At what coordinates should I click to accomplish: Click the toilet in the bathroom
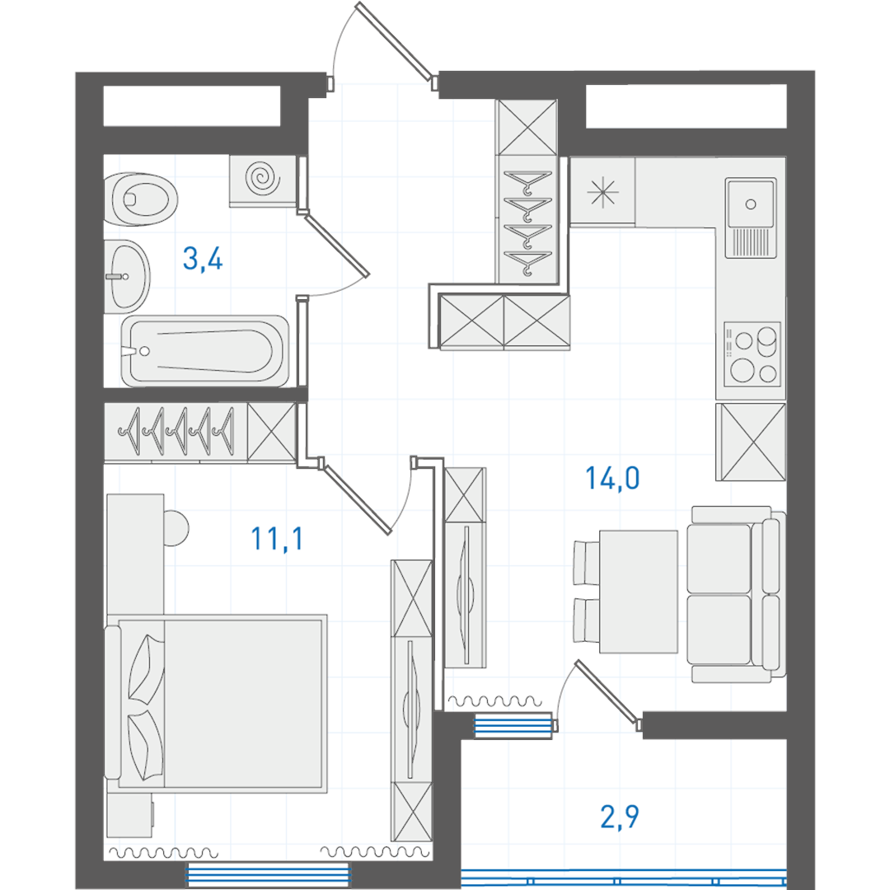click(141, 199)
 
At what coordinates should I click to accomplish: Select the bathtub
click(205, 351)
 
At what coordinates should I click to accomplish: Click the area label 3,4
click(203, 259)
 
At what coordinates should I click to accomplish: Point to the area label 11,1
click(277, 538)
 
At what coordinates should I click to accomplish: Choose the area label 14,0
click(612, 478)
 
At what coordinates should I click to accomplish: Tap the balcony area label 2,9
click(619, 817)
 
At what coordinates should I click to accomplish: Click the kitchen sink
click(751, 218)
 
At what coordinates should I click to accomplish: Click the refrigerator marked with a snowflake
click(602, 191)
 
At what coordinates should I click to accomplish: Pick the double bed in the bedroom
click(216, 703)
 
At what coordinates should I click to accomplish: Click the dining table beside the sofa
click(639, 592)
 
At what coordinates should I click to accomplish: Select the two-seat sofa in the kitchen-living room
click(736, 593)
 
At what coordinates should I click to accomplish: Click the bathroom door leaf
click(337, 246)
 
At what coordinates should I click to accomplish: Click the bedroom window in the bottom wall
click(267, 874)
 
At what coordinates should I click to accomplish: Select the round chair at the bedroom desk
click(176, 528)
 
